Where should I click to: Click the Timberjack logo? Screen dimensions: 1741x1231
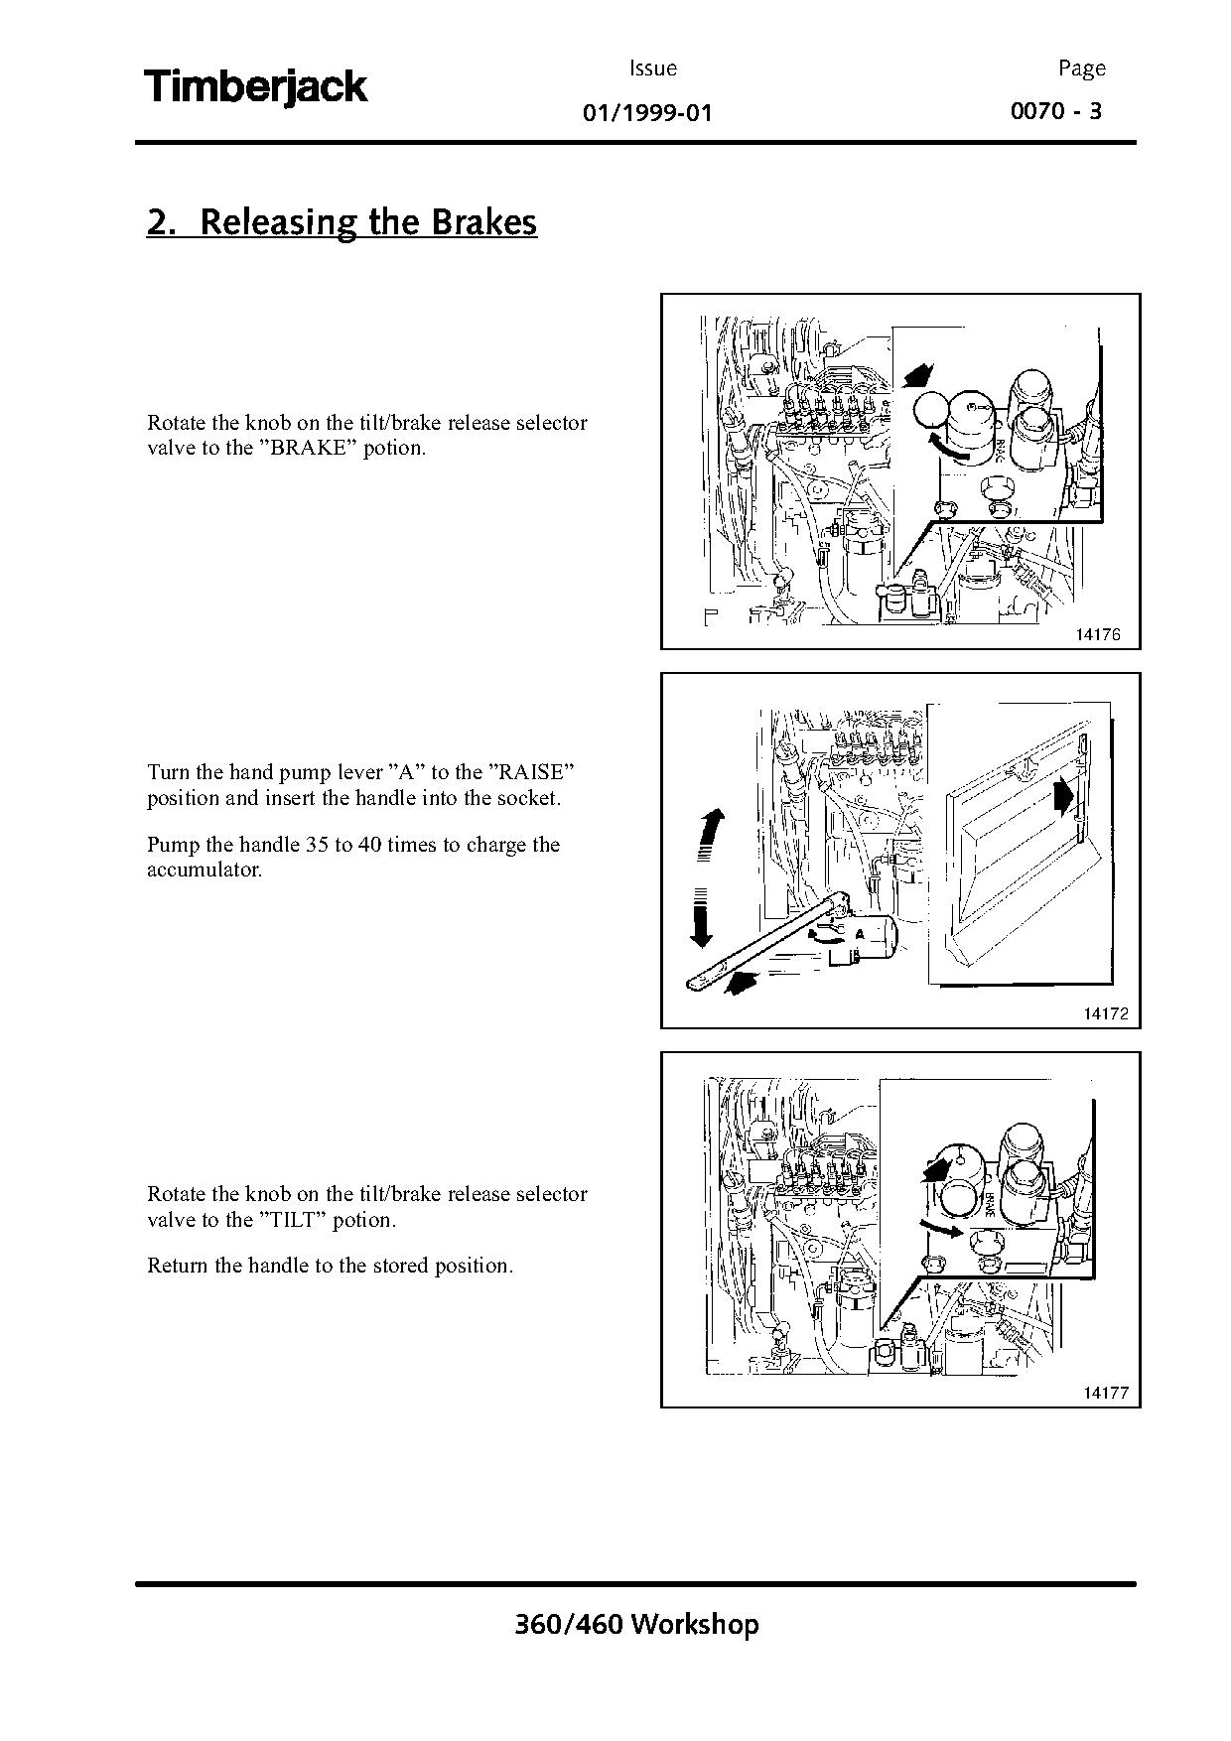pyautogui.click(x=256, y=87)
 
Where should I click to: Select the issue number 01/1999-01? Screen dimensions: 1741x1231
pyautogui.click(x=647, y=112)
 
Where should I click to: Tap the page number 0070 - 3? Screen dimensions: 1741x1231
pyautogui.click(x=1055, y=110)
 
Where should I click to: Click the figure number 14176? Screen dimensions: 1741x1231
pyautogui.click(x=1097, y=634)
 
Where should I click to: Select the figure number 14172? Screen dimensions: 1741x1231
pyautogui.click(x=1105, y=1013)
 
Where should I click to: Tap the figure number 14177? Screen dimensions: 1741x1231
pyautogui.click(x=1105, y=1393)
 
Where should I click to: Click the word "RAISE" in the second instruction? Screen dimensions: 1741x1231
pyautogui.click(x=533, y=772)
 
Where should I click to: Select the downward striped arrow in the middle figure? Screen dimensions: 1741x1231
pyautogui.click(x=700, y=917)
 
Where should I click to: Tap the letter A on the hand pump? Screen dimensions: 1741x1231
pyautogui.click(x=860, y=934)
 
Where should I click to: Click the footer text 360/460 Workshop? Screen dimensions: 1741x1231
pyautogui.click(x=636, y=1624)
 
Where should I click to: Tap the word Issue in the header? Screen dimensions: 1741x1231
pyautogui.click(x=652, y=68)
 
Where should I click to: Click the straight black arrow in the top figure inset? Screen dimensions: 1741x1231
pyautogui.click(x=919, y=376)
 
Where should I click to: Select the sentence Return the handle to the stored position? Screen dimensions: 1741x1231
pyautogui.click(x=330, y=1266)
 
